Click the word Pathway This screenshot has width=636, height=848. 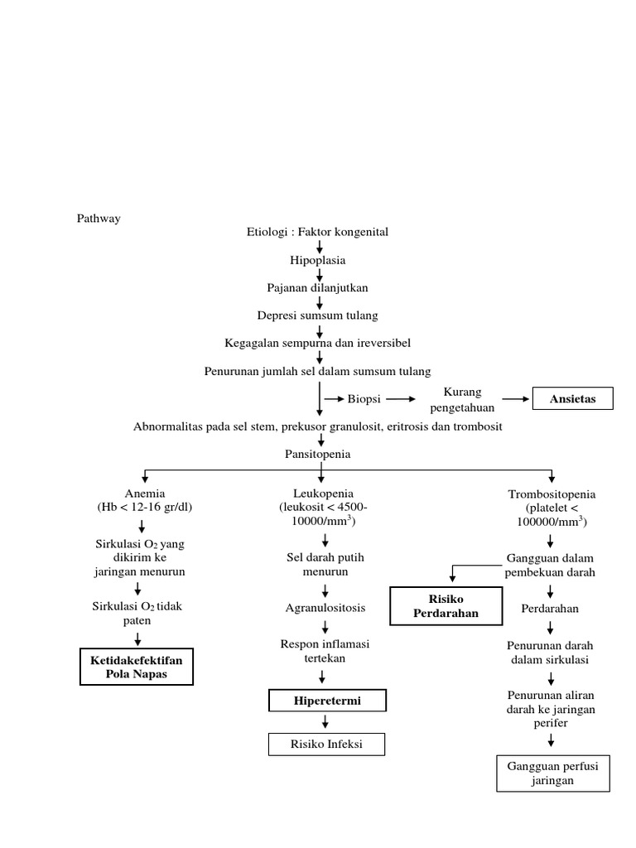click(99, 219)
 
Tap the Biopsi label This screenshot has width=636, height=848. click(364, 399)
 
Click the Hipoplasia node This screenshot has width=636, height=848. click(318, 259)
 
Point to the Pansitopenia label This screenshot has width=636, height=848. click(318, 455)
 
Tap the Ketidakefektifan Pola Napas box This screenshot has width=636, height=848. click(136, 667)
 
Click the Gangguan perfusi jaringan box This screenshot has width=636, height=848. click(552, 773)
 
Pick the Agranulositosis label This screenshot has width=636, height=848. click(325, 609)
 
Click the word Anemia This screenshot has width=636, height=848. click(145, 494)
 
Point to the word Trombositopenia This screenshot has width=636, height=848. click(552, 494)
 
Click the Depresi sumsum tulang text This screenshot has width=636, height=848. click(318, 316)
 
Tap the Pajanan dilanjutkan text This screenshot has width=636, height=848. click(318, 287)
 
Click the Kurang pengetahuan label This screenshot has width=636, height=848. click(461, 399)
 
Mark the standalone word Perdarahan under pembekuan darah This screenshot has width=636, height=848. click(550, 609)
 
